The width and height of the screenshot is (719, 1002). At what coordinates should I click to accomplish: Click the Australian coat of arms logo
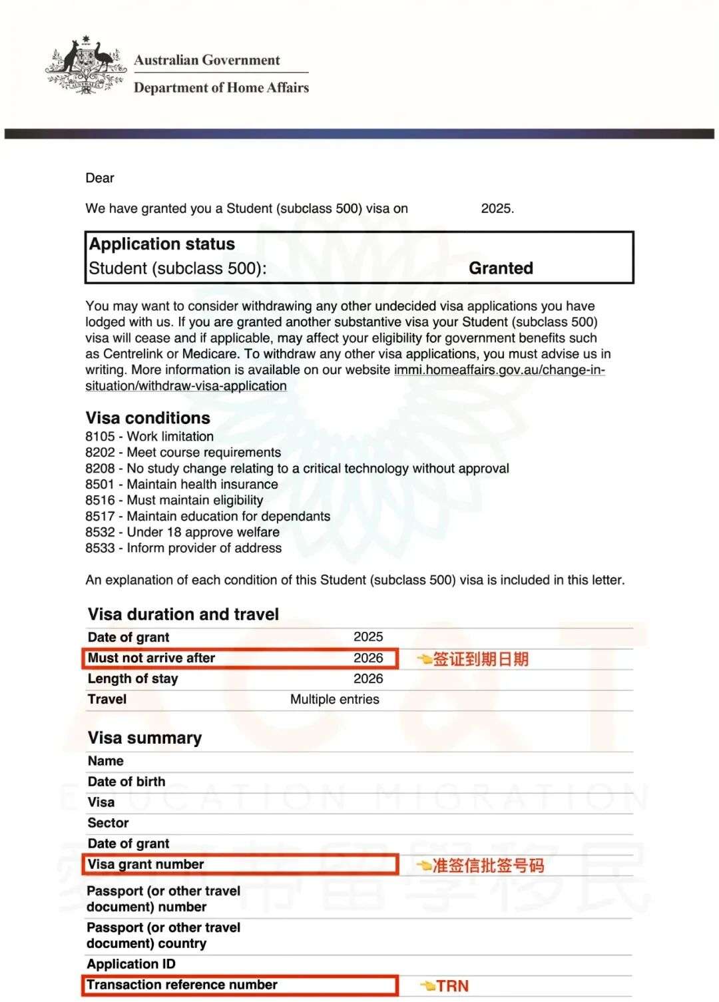point(85,66)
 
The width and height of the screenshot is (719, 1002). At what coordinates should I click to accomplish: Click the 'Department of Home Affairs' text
point(221,88)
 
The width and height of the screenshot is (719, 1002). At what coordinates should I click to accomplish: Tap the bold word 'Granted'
point(501,268)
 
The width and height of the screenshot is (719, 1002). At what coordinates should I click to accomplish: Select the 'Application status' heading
point(162,244)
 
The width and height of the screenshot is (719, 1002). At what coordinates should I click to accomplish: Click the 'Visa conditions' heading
point(148,418)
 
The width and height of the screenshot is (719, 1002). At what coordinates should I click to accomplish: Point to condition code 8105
point(100,437)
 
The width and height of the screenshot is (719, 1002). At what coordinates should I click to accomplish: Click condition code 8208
point(100,469)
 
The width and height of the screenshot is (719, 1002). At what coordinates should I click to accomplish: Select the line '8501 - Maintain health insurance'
point(182,485)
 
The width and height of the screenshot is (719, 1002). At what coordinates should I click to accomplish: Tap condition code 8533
point(100,549)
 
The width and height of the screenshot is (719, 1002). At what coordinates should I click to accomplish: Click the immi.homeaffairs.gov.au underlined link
point(499,370)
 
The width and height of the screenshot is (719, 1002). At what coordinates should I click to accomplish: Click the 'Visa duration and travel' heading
point(183,615)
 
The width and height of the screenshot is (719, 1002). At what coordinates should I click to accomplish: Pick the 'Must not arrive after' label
point(151,658)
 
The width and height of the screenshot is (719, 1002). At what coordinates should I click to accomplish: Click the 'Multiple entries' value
point(334,700)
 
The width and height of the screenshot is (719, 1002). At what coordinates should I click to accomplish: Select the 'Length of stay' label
point(132,679)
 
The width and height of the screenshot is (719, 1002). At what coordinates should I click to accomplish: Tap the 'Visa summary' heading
point(144,738)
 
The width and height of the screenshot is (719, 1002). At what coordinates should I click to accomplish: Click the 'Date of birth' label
point(126,782)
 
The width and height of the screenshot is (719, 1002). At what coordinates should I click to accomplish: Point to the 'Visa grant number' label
point(146,864)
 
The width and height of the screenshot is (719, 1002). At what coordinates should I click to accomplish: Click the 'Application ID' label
point(131,964)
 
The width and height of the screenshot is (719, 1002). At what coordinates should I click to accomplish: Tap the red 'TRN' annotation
point(452,986)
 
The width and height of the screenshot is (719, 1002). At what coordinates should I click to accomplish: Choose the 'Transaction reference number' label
point(182,985)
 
